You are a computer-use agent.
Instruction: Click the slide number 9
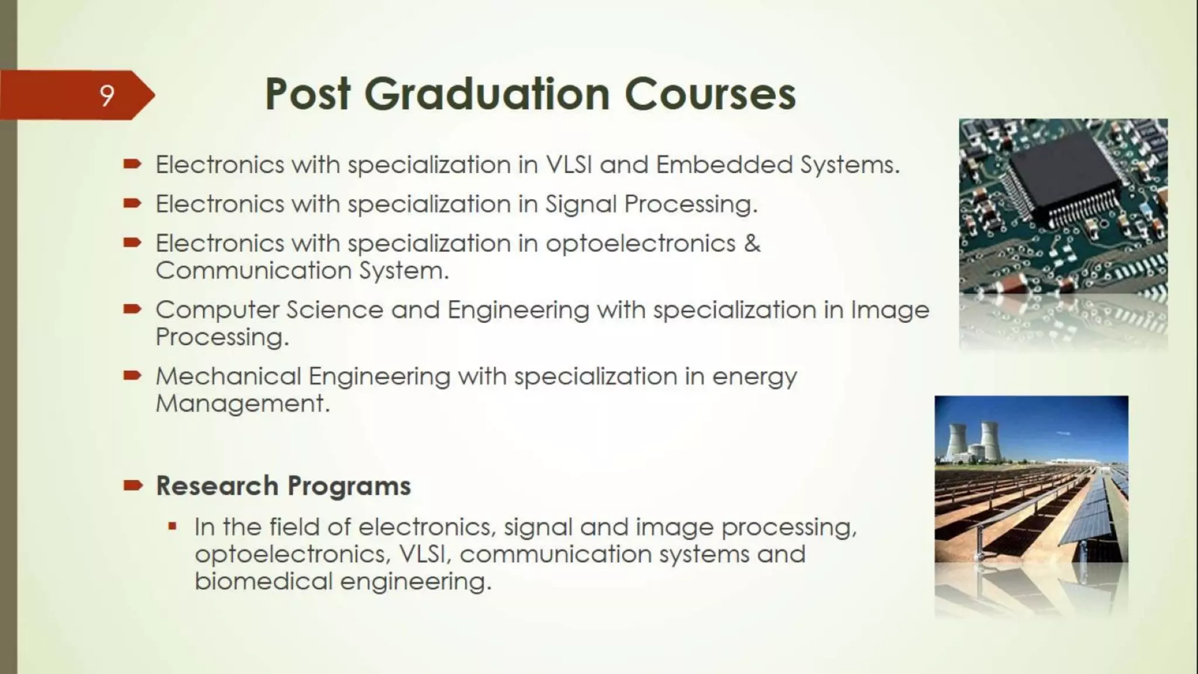[x=106, y=95]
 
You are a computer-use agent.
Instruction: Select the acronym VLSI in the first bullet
[x=569, y=165]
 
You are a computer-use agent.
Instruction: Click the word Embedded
[x=724, y=165]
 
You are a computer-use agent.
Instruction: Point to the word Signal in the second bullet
[x=581, y=204]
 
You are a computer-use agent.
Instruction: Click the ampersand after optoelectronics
[x=752, y=243]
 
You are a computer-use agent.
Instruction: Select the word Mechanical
[x=228, y=376]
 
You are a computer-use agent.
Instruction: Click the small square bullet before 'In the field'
[x=172, y=526]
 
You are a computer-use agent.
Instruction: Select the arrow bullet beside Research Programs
[x=133, y=485]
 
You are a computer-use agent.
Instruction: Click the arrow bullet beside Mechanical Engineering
[x=133, y=375]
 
